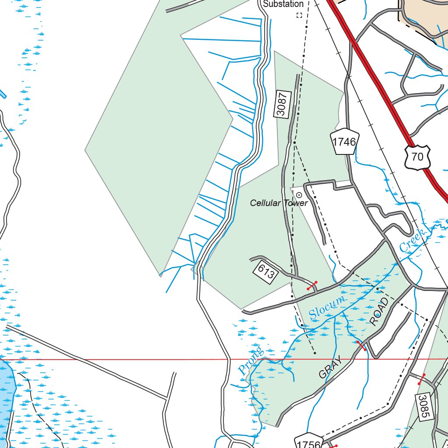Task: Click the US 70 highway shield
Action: click(x=417, y=156)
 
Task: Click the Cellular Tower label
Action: click(x=279, y=203)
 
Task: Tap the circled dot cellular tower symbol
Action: click(x=299, y=195)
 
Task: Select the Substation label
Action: click(x=283, y=4)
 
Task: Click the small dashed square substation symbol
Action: click(x=299, y=15)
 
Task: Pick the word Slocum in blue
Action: click(x=326, y=307)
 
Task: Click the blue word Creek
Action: click(x=413, y=240)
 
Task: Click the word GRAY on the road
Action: click(x=329, y=367)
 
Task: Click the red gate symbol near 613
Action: click(x=312, y=286)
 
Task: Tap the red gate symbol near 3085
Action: click(x=421, y=379)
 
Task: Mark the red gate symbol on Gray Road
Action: click(x=361, y=346)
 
